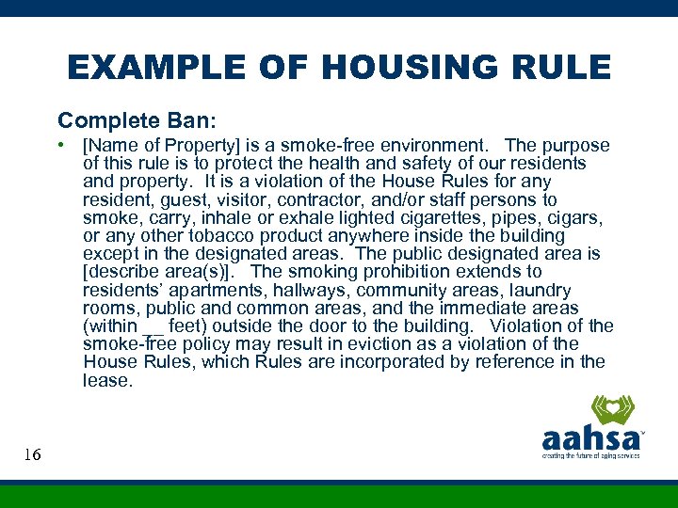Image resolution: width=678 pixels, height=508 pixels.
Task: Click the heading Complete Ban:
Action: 137,120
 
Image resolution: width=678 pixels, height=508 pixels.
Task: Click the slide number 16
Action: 32,455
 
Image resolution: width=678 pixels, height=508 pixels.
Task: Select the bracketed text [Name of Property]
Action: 161,146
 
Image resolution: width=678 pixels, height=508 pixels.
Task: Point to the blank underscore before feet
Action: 153,327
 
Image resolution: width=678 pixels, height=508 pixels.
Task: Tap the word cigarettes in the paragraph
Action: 420,218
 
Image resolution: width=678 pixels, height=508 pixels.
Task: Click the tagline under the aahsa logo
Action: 590,455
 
